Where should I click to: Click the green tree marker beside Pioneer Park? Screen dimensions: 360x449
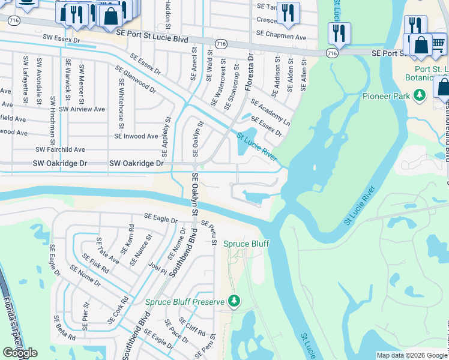(x=421, y=95)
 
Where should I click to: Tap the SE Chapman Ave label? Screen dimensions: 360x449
(x=281, y=37)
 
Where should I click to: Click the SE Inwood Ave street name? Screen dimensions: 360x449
(x=136, y=136)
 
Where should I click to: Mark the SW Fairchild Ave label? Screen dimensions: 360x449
(x=61, y=149)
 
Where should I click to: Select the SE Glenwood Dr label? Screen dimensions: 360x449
(x=136, y=82)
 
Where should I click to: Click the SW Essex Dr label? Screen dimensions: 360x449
(x=61, y=38)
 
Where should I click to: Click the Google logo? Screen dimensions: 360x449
(x=20, y=353)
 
